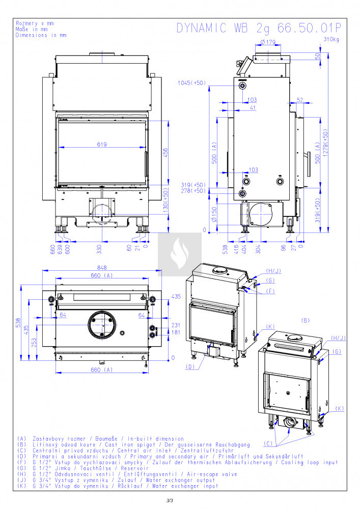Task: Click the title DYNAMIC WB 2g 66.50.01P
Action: pos(259,28)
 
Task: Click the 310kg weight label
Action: pos(331,40)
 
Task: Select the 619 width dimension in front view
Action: pos(102,145)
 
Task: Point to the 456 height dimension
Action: pos(165,153)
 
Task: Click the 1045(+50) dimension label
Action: pos(191,82)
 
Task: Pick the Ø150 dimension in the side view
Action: pos(214,214)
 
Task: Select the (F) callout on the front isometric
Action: pos(270,291)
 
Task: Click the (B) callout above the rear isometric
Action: pos(306,321)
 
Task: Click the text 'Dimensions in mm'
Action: pos(41,36)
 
